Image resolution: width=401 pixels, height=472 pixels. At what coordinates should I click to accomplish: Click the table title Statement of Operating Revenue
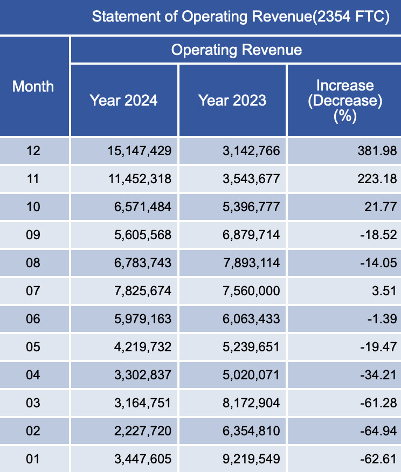240,16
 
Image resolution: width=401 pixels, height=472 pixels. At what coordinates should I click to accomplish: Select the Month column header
33,86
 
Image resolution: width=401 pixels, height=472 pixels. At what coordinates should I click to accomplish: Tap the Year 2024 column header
124,100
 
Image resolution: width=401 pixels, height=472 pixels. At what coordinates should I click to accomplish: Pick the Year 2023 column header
232,100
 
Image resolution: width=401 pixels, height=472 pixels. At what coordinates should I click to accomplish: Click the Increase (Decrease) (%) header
345,101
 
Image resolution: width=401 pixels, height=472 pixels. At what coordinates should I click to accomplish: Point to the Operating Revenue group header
236,50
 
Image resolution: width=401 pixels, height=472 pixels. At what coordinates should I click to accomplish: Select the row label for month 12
33,151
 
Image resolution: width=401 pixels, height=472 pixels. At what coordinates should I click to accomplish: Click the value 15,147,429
140,151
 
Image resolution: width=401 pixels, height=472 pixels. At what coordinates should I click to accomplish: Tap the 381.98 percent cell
377,151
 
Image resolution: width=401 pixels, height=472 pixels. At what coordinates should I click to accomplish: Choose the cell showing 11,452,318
140,179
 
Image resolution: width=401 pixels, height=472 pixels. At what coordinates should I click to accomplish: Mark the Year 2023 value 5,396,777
251,207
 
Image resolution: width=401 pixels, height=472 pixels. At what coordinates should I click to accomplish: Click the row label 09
33,235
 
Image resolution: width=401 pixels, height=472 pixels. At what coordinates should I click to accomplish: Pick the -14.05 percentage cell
378,263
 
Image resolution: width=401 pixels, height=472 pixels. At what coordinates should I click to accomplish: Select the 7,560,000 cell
251,291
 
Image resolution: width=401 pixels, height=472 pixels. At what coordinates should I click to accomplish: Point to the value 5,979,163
143,319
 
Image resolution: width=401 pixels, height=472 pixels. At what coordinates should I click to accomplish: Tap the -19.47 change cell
378,347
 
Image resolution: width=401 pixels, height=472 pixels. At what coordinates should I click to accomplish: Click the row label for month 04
33,375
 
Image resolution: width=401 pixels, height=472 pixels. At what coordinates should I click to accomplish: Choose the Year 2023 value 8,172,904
251,403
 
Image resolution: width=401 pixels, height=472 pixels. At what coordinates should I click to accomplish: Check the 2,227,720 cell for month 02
143,431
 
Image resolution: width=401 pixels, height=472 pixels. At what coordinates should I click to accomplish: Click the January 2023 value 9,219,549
251,459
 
